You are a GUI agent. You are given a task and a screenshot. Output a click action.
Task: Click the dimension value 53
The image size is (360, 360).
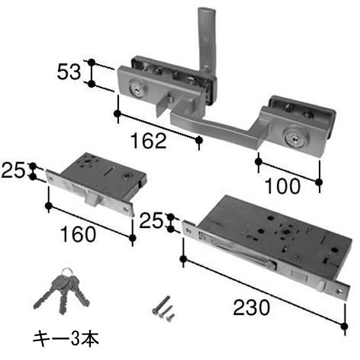69,72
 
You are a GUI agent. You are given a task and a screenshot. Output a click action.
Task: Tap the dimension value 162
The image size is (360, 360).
148,140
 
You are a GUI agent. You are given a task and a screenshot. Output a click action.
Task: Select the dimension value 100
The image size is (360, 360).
282,186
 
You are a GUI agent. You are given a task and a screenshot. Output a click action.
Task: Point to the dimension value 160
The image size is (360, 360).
78,234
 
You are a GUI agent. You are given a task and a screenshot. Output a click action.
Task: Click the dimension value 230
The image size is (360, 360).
252,308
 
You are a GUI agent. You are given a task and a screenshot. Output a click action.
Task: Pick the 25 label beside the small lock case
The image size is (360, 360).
13,170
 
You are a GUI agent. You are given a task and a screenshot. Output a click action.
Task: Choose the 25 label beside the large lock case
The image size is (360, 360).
151,221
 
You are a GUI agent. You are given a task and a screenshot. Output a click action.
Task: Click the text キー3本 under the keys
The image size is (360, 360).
66,339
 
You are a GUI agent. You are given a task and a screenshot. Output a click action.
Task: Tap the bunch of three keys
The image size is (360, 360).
61,291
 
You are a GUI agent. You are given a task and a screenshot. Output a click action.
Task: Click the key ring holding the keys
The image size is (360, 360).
67,272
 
